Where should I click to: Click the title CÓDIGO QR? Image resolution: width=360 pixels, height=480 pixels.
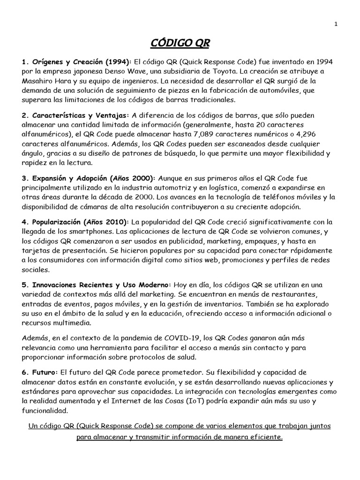(180, 44)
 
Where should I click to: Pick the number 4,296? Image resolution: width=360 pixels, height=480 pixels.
(322, 134)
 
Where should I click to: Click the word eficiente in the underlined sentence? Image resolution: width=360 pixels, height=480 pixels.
(265, 436)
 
